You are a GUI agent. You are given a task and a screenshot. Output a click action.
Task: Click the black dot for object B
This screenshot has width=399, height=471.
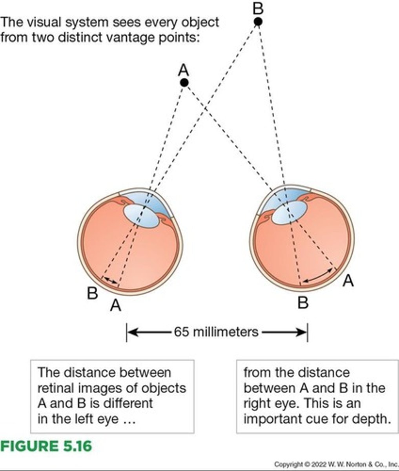click(x=258, y=22)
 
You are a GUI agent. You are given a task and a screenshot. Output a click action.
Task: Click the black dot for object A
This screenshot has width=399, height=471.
click(x=184, y=82)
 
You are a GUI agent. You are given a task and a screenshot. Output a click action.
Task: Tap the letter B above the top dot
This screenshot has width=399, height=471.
click(x=258, y=7)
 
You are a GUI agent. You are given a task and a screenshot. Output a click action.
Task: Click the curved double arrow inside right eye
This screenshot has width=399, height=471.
click(x=319, y=276)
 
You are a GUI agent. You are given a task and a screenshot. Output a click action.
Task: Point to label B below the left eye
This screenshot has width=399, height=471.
click(x=92, y=293)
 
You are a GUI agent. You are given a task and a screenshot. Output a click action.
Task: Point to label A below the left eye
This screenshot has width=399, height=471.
click(x=115, y=305)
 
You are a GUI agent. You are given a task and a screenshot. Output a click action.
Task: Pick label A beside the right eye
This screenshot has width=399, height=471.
click(x=348, y=281)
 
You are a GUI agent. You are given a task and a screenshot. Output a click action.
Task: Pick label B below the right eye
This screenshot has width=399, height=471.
click(x=302, y=303)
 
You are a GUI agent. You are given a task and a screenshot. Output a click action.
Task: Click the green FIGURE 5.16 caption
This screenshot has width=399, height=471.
click(x=46, y=446)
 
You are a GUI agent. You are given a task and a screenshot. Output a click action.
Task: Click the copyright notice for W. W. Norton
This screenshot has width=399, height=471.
click(x=336, y=464)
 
